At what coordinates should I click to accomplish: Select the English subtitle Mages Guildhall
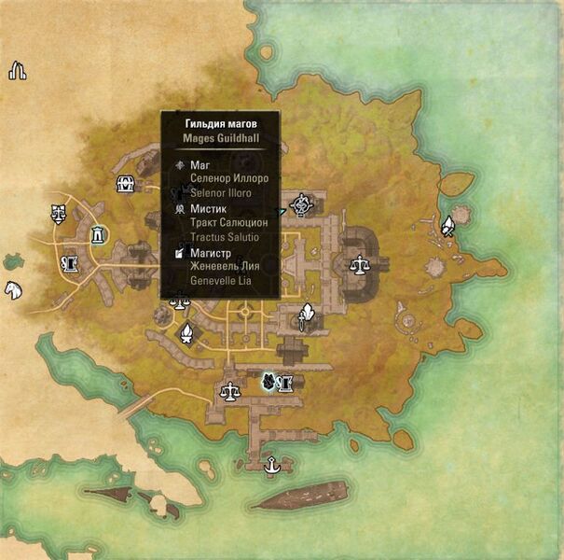[x=220, y=138]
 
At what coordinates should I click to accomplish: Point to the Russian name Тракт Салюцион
[x=228, y=224]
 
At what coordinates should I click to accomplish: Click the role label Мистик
[x=208, y=209]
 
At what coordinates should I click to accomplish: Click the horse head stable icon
[x=13, y=289]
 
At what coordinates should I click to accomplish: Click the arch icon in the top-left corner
[x=17, y=71]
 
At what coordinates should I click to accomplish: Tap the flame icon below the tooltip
[x=187, y=332]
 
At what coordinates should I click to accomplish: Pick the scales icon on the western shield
[x=60, y=212]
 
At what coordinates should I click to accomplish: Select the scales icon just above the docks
[x=228, y=390]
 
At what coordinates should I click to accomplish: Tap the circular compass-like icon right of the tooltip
[x=301, y=203]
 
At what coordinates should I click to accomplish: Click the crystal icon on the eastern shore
[x=447, y=225]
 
